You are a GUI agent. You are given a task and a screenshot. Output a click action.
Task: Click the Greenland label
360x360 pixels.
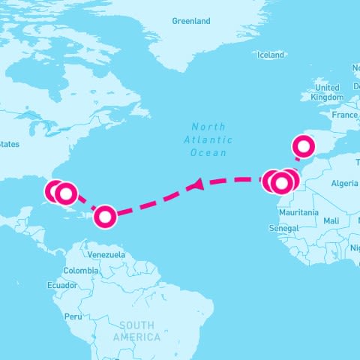191,21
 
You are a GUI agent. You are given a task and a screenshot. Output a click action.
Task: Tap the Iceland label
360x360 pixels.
271,55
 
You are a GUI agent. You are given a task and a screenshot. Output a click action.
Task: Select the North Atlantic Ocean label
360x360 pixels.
208,139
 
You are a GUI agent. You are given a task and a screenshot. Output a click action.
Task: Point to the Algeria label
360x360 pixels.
345,183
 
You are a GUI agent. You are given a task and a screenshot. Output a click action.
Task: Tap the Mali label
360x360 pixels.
331,220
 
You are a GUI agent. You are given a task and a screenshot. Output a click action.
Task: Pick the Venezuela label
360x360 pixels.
106,255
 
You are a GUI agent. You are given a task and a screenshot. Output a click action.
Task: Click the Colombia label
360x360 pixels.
80,270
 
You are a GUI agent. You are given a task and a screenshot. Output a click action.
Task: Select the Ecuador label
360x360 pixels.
61,285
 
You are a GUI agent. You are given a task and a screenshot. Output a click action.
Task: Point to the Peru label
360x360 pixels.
72,316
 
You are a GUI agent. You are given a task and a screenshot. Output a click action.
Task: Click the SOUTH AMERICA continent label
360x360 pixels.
136,331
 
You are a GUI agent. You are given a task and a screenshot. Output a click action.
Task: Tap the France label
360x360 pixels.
345,115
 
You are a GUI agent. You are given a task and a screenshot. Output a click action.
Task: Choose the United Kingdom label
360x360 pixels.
327,92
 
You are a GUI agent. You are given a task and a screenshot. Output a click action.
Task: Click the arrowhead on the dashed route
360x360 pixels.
197,184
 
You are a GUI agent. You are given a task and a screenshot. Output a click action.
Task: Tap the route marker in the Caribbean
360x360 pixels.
105,217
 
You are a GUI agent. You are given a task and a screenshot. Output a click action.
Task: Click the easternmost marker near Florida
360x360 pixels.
66,194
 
